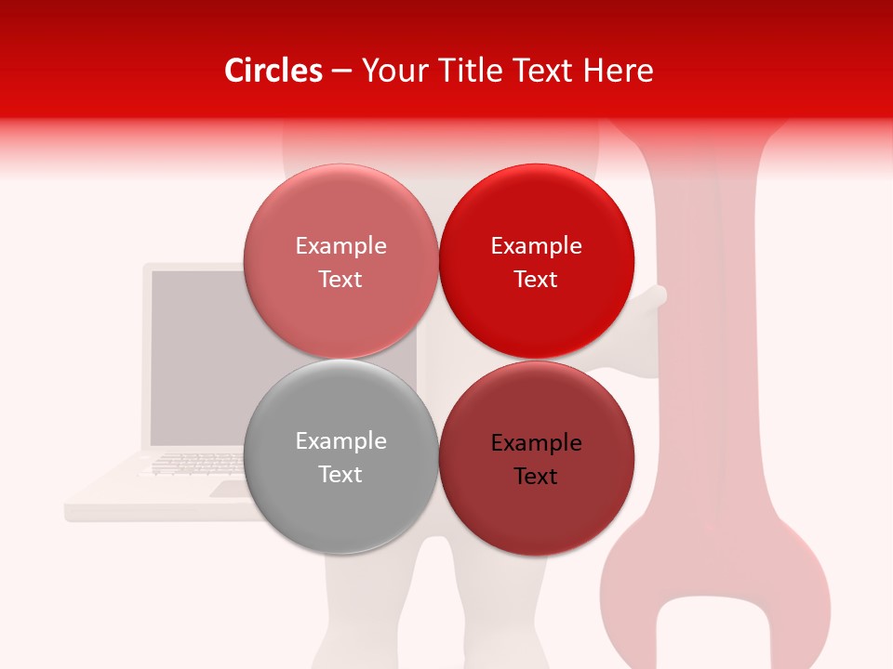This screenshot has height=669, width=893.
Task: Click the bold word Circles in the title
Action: click(273, 71)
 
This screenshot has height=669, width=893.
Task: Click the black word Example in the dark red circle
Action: click(537, 443)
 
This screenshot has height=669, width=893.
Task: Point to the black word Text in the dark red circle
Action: click(536, 477)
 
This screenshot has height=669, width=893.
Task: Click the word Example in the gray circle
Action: click(340, 441)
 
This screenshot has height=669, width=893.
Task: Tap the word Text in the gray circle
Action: click(340, 475)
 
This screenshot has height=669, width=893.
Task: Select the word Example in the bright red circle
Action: click(537, 246)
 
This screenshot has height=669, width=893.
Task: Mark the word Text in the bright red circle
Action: click(536, 280)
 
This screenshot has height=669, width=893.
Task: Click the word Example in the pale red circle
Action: click(340, 246)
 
